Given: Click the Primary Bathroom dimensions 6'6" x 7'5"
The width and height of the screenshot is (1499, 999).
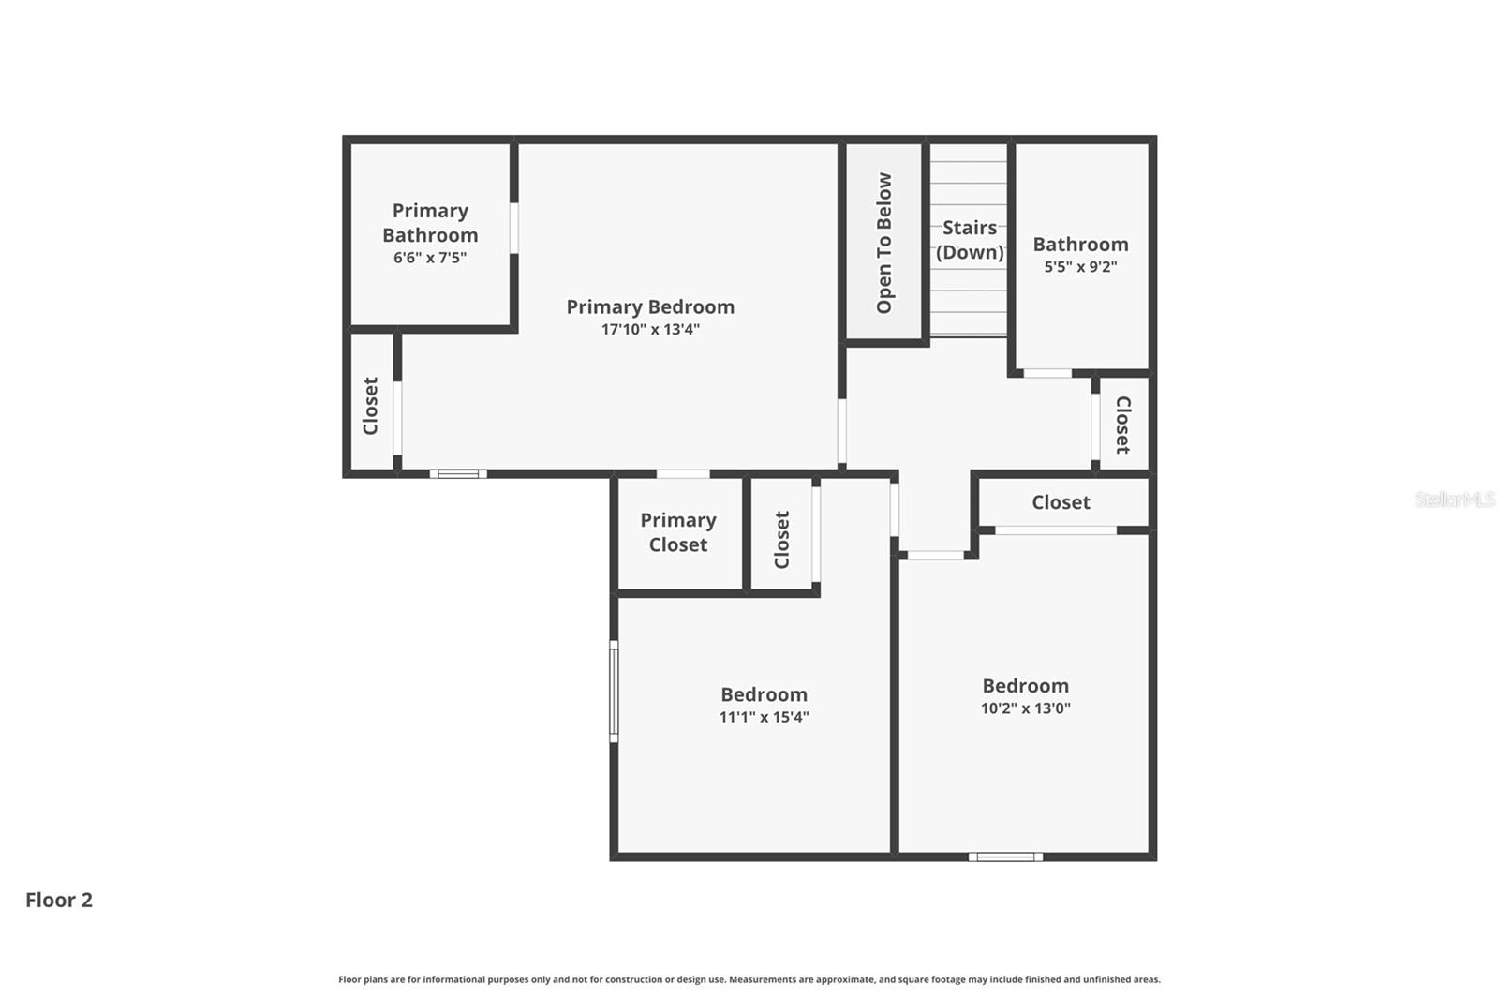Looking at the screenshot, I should click(430, 258).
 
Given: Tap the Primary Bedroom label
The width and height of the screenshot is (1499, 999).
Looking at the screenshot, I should click(650, 306).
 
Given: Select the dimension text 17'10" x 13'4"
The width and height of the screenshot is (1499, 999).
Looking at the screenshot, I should click(650, 330).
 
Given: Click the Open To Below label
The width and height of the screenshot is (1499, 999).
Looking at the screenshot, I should click(884, 243).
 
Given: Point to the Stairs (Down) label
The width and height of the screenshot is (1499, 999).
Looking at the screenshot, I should click(970, 240).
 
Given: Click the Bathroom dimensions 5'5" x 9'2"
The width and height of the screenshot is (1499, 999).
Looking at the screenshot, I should click(1080, 267).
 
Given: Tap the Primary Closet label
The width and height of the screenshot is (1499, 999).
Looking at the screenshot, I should click(678, 532).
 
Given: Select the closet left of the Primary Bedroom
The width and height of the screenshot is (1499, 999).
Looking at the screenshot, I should click(371, 406).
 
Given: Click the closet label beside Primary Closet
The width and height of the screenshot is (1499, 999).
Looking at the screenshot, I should click(782, 539).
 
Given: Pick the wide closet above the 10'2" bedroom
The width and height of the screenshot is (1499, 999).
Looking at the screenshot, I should click(1061, 502).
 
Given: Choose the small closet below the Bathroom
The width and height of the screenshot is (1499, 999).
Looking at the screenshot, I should click(1122, 424).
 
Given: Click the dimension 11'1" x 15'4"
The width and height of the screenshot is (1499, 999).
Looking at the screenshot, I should click(764, 718).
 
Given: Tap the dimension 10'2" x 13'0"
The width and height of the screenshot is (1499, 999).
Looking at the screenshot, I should click(1025, 708).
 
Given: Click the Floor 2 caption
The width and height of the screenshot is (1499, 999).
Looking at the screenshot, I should click(59, 900).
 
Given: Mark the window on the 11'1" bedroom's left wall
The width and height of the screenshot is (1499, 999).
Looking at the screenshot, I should click(614, 691).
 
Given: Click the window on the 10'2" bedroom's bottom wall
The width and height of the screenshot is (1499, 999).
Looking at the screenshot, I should click(1005, 857).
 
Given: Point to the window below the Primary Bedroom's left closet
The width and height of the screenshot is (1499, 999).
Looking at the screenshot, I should click(458, 474).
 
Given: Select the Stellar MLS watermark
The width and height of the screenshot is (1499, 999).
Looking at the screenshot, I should click(1454, 499).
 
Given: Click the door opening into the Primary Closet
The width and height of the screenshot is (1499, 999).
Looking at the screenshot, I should click(683, 474).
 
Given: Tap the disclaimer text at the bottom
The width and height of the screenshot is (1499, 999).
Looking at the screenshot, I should click(749, 979).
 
